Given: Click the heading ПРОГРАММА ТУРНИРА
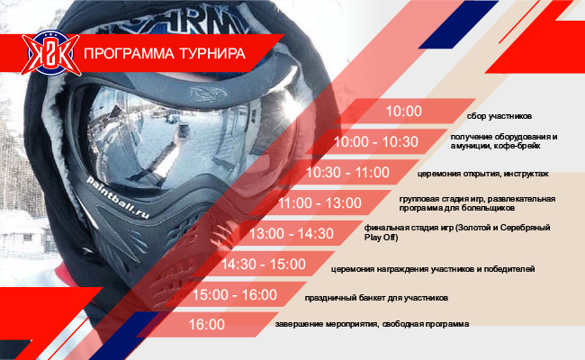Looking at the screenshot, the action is [165, 53].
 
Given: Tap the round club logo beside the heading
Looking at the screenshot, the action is [50, 53].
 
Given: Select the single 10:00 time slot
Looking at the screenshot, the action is [404, 112].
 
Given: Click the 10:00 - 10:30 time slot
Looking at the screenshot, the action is [375, 142].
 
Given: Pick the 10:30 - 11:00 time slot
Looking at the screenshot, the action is [347, 173].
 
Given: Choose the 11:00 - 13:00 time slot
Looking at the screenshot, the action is [319, 202].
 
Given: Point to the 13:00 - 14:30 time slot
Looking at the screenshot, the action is [292, 233].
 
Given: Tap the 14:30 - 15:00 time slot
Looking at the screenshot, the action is [264, 264].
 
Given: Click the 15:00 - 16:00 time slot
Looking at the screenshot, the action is [235, 294].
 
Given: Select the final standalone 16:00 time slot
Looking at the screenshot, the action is [207, 324].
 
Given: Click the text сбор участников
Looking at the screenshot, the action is [499, 116].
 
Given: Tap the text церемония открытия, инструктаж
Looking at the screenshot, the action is [482, 174].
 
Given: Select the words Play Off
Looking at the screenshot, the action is [381, 238].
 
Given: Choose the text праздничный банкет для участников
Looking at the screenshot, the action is [376, 298].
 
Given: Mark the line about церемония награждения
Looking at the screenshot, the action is [433, 269].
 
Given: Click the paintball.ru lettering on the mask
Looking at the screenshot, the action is [118, 198].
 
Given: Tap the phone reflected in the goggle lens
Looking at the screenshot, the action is [183, 132].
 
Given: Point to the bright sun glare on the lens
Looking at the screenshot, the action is [291, 105].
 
